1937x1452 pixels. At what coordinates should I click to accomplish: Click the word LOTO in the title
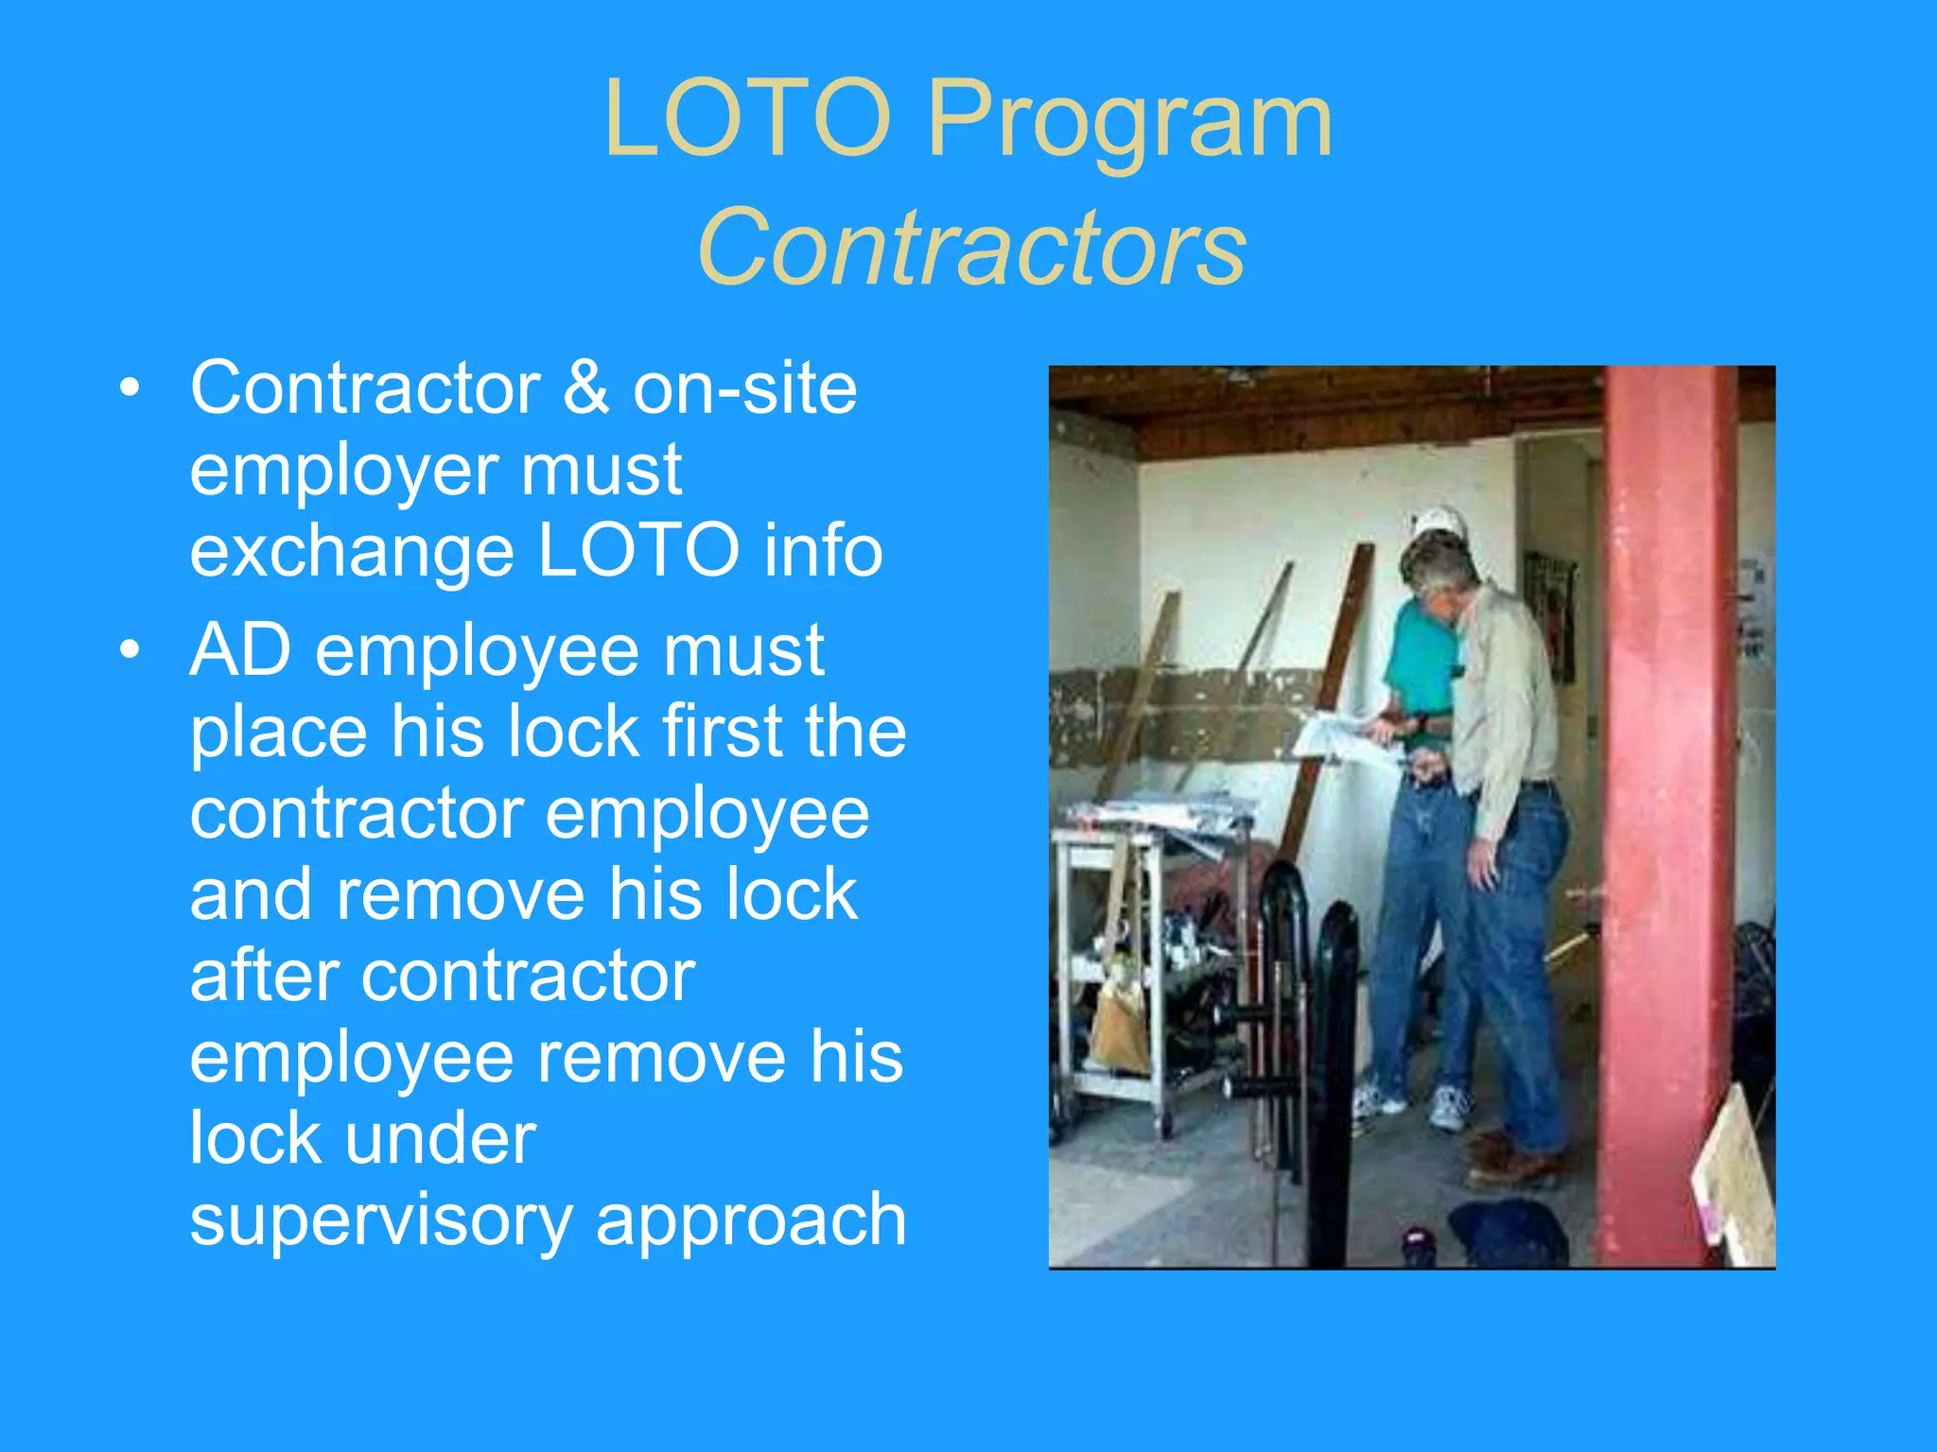click(747, 119)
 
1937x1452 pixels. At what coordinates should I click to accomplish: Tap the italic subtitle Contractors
click(971, 247)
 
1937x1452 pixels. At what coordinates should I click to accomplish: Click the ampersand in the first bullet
click(586, 388)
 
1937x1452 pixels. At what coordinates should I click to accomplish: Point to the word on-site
click(744, 388)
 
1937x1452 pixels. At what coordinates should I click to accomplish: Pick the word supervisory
click(380, 1221)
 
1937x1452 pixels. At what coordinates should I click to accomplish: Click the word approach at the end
click(751, 1221)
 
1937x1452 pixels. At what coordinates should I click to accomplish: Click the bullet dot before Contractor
click(130, 388)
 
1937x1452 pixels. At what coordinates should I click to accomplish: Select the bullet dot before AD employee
click(130, 650)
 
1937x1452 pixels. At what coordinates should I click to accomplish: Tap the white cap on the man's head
click(1438, 522)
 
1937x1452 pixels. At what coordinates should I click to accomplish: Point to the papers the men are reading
click(1343, 737)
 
